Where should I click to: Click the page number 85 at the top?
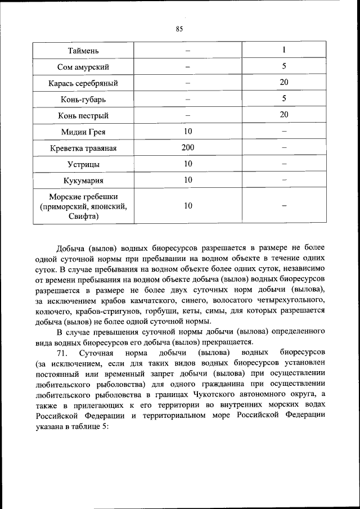coord(179,29)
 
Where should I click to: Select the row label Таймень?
coord(83,51)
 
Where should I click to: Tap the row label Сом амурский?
coord(83,67)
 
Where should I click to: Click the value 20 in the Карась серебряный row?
coord(284,83)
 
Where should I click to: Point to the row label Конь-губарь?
coord(83,100)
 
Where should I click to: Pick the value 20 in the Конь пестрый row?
coord(284,115)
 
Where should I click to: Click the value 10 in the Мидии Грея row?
coord(188,132)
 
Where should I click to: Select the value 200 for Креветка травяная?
coord(188,148)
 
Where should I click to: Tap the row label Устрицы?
coord(83,164)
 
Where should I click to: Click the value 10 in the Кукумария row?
coord(188,180)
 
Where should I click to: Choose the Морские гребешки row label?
coord(83,206)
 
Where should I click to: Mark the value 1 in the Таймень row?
coord(284,51)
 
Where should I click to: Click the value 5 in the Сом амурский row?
coord(284,67)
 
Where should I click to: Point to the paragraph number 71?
coord(62,353)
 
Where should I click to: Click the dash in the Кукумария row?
coord(284,180)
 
